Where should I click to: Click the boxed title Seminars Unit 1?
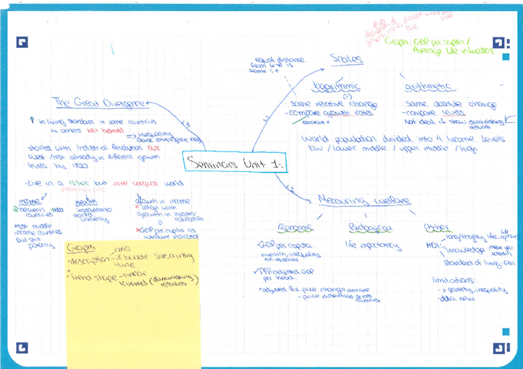[237, 164]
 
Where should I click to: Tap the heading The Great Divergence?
[99, 102]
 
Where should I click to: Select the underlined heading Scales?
[347, 60]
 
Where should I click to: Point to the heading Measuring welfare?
[364, 200]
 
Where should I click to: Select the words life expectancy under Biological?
[374, 247]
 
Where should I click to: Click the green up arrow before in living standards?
[31, 121]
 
